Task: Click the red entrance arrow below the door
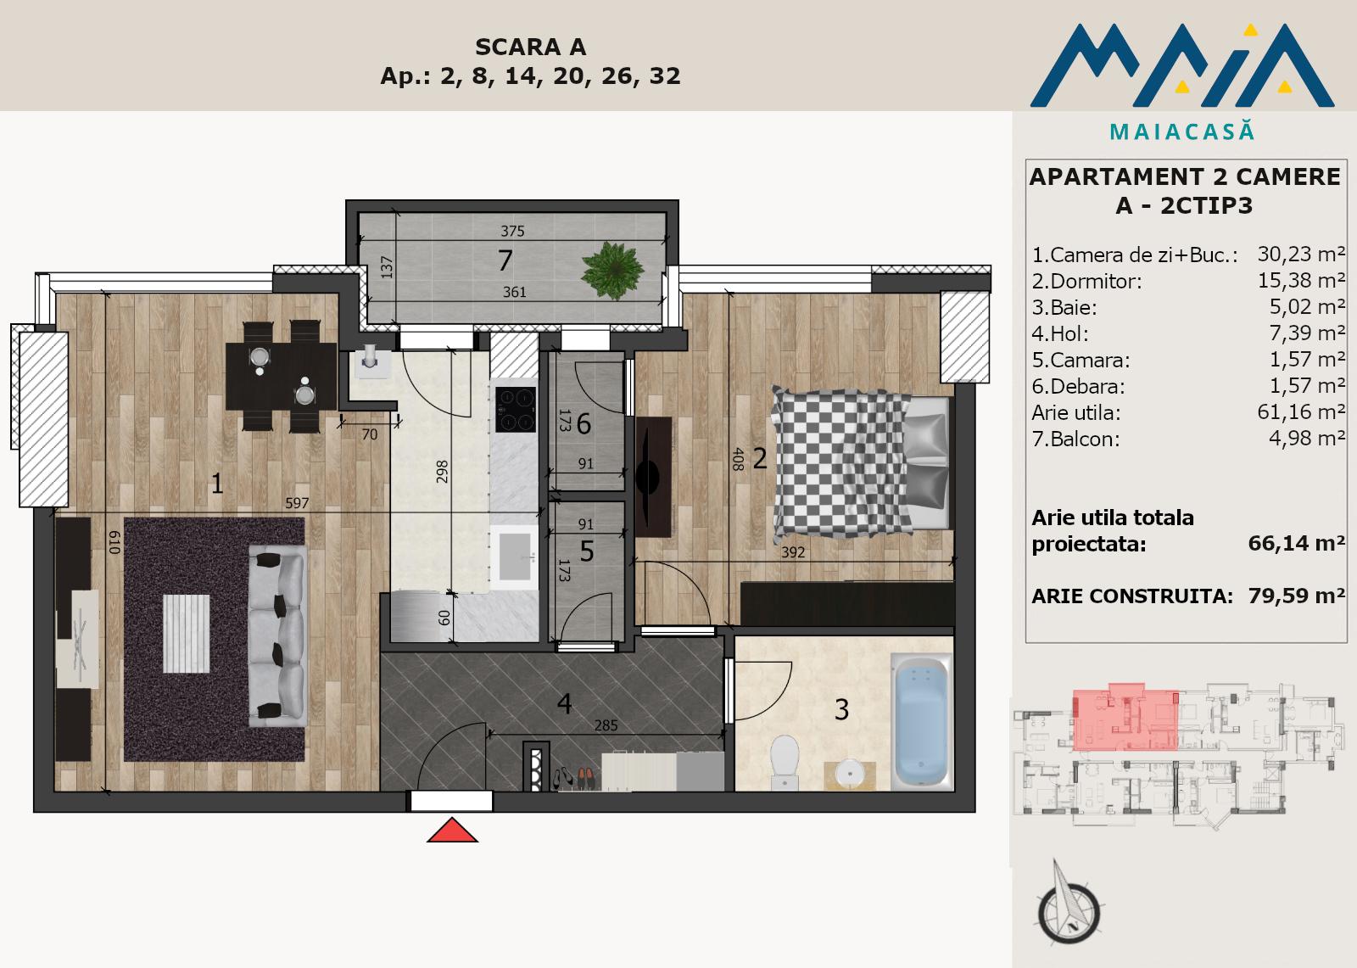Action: point(452,831)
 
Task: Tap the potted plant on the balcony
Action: point(611,271)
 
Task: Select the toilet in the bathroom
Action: point(785,762)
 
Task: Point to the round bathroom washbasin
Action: point(850,774)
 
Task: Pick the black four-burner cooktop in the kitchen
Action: point(516,409)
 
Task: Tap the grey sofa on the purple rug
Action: point(277,635)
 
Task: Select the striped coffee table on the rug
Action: point(187,634)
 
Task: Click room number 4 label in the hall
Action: point(564,703)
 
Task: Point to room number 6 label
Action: point(584,423)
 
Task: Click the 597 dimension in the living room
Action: point(297,503)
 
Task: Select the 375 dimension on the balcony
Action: point(512,231)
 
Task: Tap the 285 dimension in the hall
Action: point(606,725)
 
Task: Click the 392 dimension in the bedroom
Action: point(793,552)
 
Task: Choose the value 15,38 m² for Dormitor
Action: point(1301,280)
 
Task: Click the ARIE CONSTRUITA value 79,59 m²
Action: point(1297,596)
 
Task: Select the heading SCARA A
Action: point(530,47)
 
